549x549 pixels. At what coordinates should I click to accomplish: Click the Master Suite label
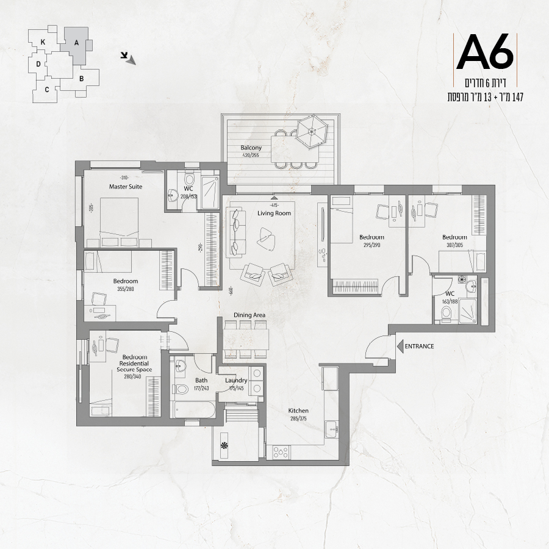(x=126, y=187)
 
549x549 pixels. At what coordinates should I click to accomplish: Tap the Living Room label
(x=274, y=213)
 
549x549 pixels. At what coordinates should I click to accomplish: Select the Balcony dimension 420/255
(x=251, y=155)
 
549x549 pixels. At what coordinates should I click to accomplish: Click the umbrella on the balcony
(x=311, y=132)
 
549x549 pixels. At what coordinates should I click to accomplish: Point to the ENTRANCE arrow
(x=400, y=346)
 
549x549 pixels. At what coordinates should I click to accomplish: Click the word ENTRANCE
(x=419, y=346)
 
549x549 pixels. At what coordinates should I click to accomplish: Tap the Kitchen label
(x=298, y=411)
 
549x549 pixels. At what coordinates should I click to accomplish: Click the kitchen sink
(x=332, y=429)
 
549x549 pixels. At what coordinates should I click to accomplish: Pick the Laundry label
(x=236, y=380)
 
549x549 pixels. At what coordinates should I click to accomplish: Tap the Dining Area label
(x=249, y=315)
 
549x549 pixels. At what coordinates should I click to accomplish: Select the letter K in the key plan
(x=43, y=42)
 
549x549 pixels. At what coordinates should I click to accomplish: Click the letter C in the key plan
(x=47, y=90)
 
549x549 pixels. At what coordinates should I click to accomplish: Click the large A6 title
(x=485, y=52)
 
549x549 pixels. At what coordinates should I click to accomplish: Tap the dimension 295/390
(x=372, y=245)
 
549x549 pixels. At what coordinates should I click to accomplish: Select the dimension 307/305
(x=454, y=245)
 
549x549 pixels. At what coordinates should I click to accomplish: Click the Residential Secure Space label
(x=134, y=367)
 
